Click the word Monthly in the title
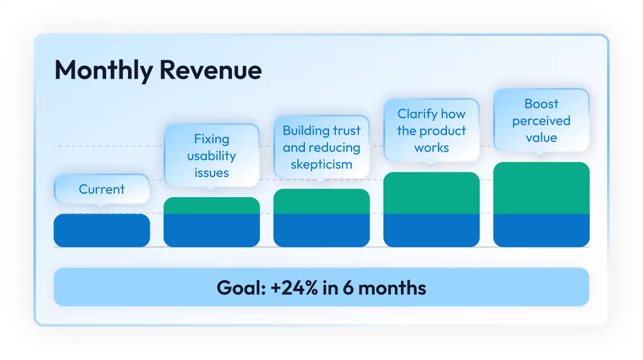coord(104,71)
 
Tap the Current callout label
coord(102,189)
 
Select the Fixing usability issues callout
coord(212,156)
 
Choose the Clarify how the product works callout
coord(431,131)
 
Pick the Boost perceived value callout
coord(541,121)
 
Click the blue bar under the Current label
coord(102,230)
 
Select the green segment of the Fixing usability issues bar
coord(212,206)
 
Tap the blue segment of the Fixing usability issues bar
coord(212,230)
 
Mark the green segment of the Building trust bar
coord(321,202)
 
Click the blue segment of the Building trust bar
coord(321,230)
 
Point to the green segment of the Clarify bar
coord(431,193)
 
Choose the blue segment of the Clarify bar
coord(431,230)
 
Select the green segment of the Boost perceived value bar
coord(541,188)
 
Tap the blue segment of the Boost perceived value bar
coord(541,230)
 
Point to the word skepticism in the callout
coord(321,165)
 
